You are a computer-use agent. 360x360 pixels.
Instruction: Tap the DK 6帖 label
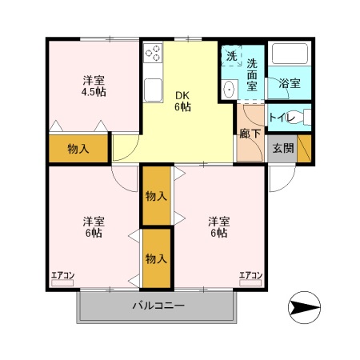pos(183,100)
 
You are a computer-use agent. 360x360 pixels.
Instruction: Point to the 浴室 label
pos(290,82)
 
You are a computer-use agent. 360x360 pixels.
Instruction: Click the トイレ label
pos(280,118)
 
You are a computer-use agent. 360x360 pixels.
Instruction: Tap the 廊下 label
pos(250,134)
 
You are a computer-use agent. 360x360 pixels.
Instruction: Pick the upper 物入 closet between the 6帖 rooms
pos(157,195)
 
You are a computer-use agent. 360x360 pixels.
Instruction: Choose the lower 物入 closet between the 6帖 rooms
pos(157,258)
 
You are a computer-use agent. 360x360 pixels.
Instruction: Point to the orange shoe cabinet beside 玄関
pos(304,148)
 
